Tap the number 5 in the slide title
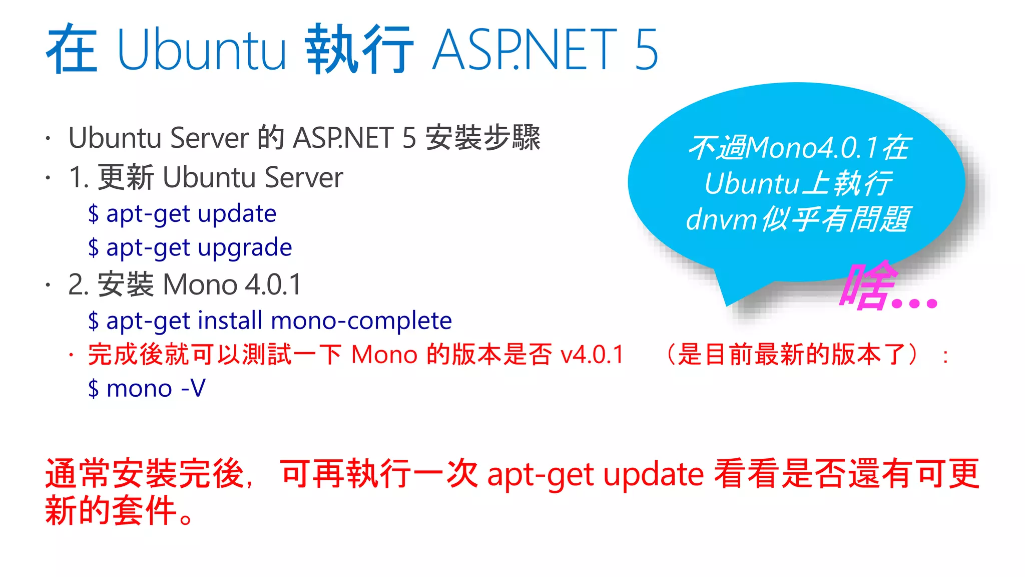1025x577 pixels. click(x=646, y=49)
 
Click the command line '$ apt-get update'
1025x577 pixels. click(x=182, y=214)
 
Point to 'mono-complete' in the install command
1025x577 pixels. click(x=361, y=321)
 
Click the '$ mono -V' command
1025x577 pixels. click(x=147, y=388)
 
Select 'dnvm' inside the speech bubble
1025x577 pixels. click(x=721, y=219)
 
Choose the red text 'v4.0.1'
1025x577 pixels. click(x=592, y=355)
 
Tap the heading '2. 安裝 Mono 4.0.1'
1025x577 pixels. click(x=185, y=284)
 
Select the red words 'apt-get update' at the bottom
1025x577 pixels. click(x=596, y=474)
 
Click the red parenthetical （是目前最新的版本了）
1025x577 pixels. click(x=793, y=355)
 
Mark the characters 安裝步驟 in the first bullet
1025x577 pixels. click(x=483, y=138)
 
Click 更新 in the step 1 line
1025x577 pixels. click(x=126, y=177)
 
